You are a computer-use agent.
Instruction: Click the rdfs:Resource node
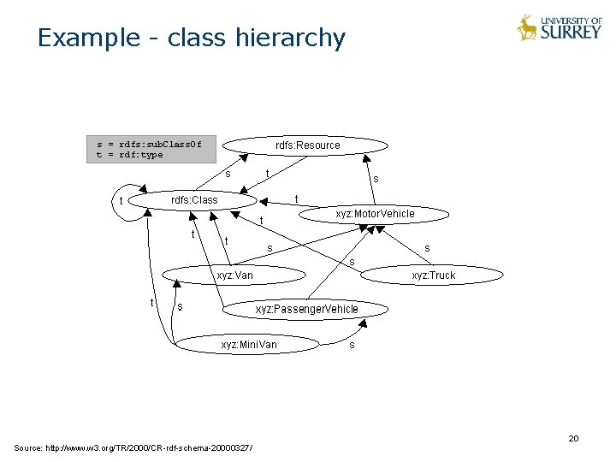307,145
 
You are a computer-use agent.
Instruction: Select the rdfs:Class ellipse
195,200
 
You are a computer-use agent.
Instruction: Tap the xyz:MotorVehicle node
375,214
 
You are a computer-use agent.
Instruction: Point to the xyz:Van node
234,275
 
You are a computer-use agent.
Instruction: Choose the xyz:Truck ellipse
433,275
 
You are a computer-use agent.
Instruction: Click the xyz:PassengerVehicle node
307,309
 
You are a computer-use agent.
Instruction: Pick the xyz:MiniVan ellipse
249,345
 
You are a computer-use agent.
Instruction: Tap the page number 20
573,439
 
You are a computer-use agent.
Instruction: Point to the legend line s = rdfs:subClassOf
149,144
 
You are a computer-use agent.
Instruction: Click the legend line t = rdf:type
130,155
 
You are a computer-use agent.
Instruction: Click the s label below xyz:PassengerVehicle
352,346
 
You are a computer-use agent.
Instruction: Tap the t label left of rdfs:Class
121,202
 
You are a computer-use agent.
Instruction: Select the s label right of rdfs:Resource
375,179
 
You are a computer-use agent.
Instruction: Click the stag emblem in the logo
528,28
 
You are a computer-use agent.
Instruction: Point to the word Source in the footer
28,448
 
